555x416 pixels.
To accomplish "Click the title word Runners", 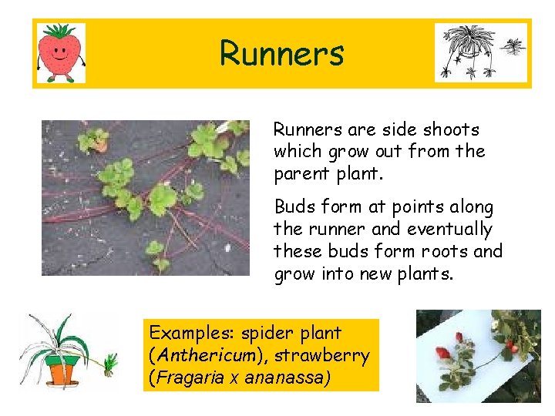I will (x=281, y=54).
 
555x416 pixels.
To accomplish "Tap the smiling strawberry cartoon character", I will (x=62, y=52).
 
